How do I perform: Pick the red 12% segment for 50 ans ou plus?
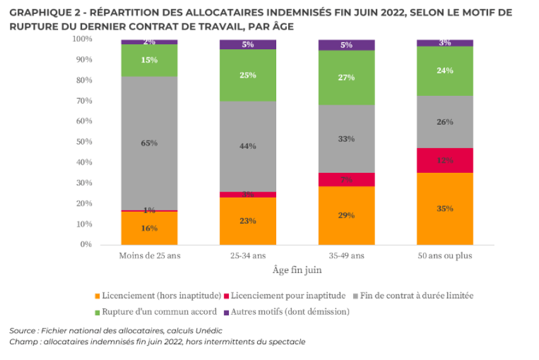coord(444,160)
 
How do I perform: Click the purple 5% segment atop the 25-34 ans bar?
coord(248,44)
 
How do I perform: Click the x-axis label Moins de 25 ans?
coord(149,256)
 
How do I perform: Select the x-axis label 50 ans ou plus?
coord(444,256)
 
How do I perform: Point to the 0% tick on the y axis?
coord(86,245)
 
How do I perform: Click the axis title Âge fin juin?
coord(297,270)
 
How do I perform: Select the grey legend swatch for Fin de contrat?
coord(357,296)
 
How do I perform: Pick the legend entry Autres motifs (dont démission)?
coord(289,311)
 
